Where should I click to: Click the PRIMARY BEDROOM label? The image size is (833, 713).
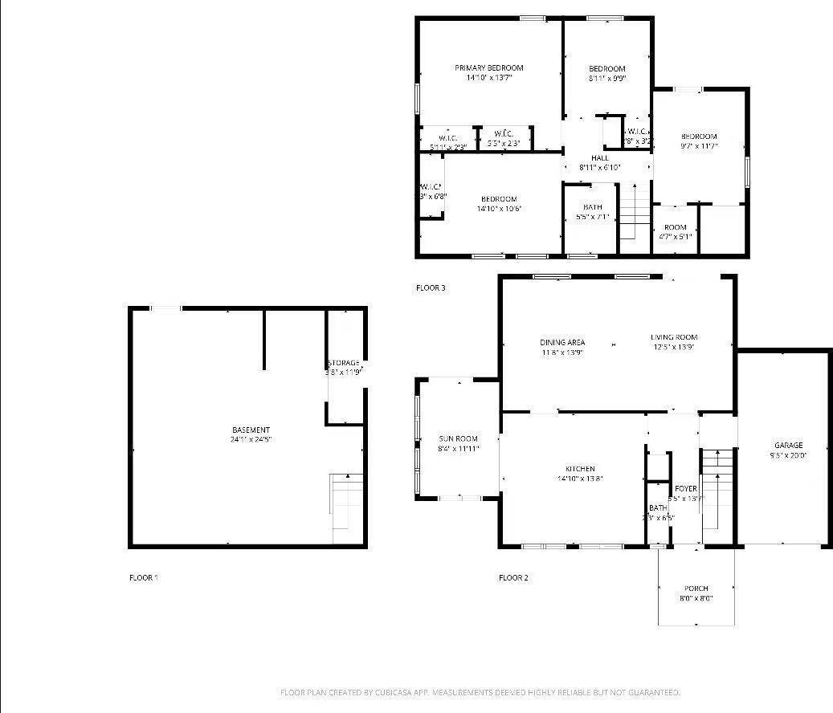(488, 68)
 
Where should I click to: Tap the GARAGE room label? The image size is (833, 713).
(788, 446)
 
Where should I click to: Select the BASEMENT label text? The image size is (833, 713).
(251, 430)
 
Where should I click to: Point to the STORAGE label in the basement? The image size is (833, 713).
(344, 363)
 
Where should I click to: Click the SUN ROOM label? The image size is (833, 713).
(458, 439)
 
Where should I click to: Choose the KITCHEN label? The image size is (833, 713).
(580, 469)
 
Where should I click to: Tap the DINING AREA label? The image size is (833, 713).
(562, 342)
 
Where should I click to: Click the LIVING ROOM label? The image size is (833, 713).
(674, 337)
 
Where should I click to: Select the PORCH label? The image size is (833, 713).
(696, 589)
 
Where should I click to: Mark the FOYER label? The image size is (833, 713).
(685, 489)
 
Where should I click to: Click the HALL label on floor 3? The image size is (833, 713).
(600, 158)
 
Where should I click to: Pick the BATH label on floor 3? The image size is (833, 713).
(593, 207)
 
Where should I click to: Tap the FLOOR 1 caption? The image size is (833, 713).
(144, 577)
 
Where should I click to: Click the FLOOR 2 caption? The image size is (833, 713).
(513, 577)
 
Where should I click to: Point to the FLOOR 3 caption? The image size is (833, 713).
(431, 287)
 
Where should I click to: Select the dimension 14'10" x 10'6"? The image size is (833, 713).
(499, 209)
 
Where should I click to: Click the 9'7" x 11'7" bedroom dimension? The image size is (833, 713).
(699, 146)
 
